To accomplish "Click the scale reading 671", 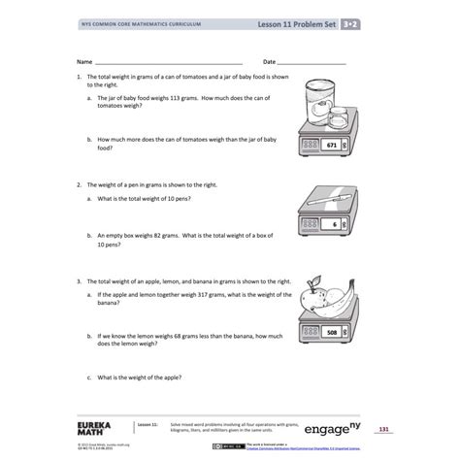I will pos(331,145).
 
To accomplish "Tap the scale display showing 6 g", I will pos(334,224).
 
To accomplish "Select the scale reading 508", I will pos(332,332).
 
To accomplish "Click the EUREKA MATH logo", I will pos(94,428).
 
